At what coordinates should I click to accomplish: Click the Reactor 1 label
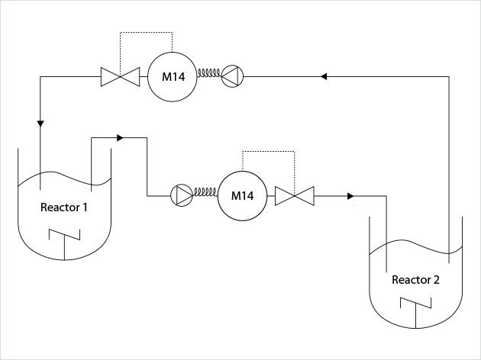(64, 207)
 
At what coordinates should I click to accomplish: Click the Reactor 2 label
(415, 279)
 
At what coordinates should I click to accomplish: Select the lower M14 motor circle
(242, 196)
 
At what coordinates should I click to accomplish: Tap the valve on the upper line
(121, 76)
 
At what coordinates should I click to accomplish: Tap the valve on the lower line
(295, 196)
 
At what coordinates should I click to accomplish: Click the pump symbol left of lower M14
(182, 196)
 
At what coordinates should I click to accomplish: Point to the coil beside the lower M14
(205, 195)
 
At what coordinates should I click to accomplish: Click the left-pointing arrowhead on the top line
(324, 76)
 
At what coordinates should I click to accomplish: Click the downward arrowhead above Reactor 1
(40, 124)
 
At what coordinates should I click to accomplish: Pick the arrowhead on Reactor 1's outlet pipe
(120, 138)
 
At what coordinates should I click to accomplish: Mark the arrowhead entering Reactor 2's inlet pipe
(350, 196)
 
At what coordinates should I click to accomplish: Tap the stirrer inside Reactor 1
(64, 242)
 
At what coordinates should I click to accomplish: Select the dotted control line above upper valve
(147, 34)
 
